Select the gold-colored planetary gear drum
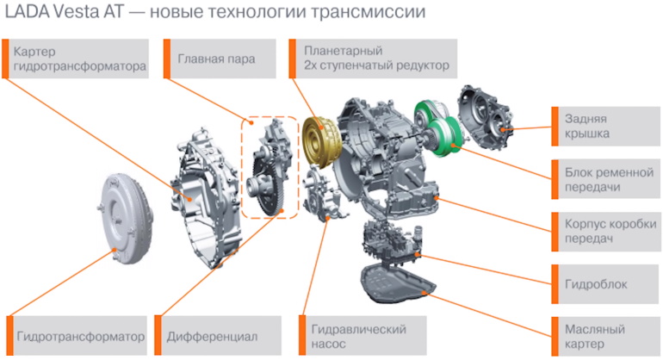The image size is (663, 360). pyautogui.click(x=323, y=139)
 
